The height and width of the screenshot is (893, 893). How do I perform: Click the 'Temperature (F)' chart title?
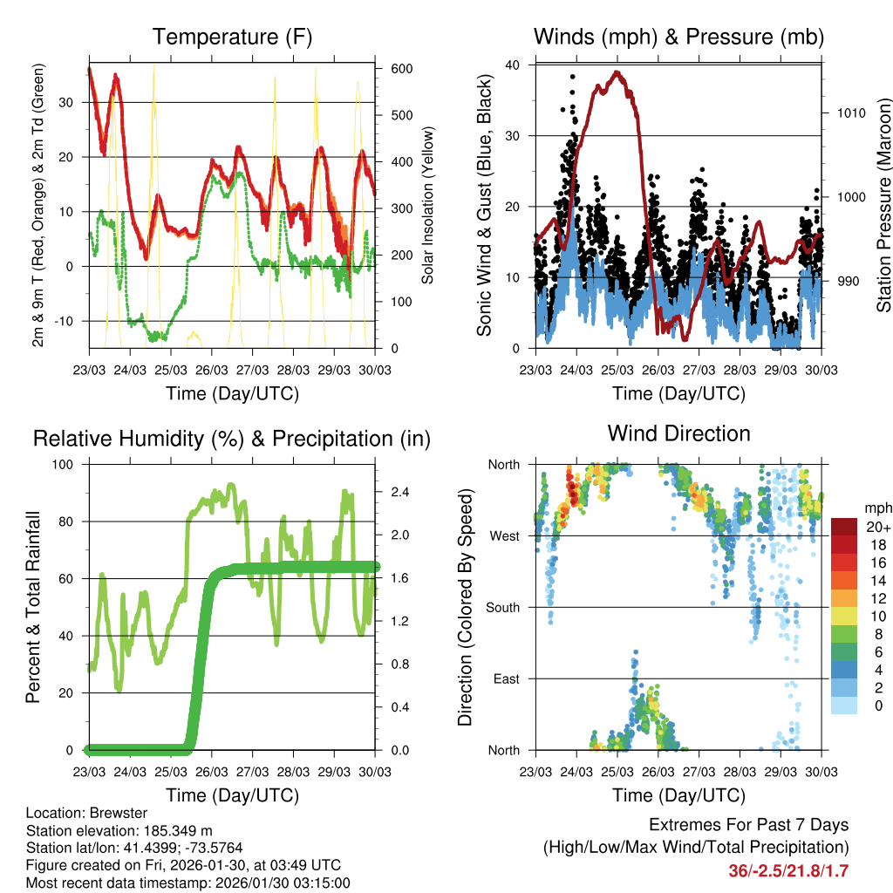point(232,37)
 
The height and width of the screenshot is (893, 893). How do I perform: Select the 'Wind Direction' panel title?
point(678,433)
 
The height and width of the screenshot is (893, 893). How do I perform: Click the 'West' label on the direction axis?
point(504,535)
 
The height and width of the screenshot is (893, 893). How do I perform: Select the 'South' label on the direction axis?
point(502,607)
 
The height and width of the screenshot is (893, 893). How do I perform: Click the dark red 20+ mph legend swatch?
point(844,527)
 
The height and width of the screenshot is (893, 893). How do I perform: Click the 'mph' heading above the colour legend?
point(876,508)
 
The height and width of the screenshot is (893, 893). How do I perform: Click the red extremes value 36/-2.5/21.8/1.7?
point(788,870)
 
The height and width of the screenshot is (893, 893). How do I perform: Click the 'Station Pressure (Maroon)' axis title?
point(883,205)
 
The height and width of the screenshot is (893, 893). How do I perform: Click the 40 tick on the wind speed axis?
point(513,65)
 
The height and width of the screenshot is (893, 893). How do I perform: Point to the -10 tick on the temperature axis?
point(66,321)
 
